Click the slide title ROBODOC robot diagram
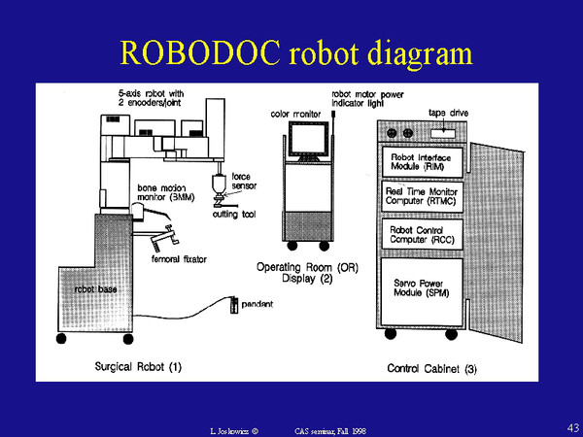291,50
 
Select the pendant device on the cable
233,307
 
